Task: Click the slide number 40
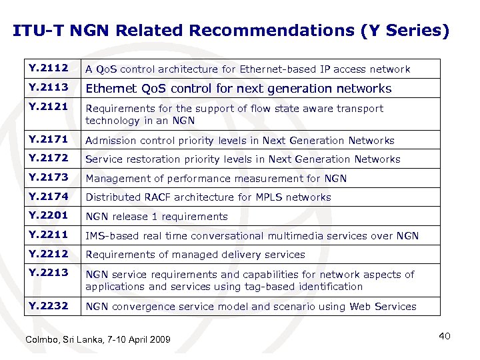(445, 336)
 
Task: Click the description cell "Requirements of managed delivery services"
(195, 255)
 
